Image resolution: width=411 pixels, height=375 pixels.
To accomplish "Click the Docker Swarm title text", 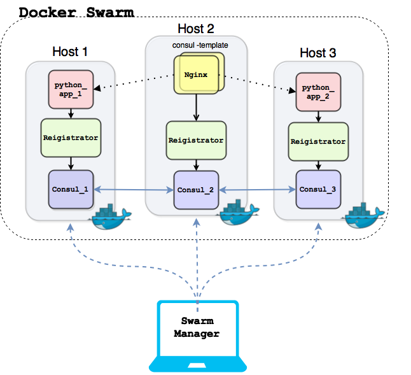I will tap(76, 12).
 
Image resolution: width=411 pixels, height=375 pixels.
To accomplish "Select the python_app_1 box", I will tap(71, 89).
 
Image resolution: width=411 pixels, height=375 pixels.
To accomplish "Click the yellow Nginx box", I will tap(197, 75).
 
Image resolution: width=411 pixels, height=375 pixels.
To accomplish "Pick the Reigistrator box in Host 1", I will tap(71, 138).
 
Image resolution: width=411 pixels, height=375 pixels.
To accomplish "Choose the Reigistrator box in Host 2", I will tap(195, 140).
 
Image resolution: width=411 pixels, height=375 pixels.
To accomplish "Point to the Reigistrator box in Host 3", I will tap(317, 141).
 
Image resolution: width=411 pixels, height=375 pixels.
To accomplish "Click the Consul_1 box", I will tap(71, 189).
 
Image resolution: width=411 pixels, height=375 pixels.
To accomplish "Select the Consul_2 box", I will tap(195, 190).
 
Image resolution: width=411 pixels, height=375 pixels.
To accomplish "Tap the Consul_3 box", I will tap(317, 189).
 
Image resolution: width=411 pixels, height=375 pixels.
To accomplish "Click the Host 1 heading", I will tap(71, 52).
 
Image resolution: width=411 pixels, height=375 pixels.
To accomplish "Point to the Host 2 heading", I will tap(195, 29).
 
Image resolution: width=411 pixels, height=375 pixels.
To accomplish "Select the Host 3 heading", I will tap(317, 53).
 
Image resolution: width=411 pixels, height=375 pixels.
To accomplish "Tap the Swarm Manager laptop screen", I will tap(198, 329).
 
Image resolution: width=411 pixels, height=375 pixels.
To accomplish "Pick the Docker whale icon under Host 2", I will tap(238, 213).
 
